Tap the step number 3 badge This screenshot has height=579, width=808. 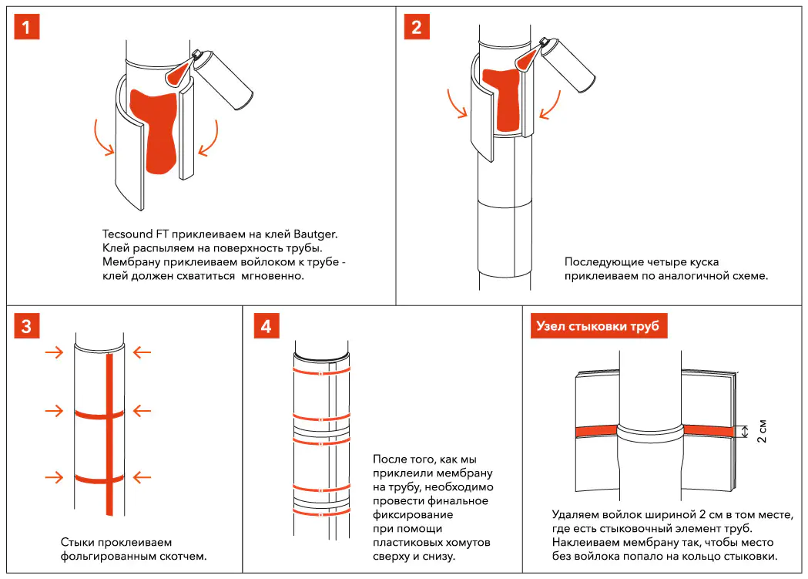pos(27,326)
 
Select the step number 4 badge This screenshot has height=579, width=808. pos(266,326)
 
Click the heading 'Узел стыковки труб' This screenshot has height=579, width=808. pos(598,326)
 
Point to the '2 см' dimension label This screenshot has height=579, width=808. pos(762,431)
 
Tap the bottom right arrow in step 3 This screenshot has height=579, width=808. pos(142,478)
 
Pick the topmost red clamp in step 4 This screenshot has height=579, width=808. pos(320,374)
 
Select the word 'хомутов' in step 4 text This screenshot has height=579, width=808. pos(456,542)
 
